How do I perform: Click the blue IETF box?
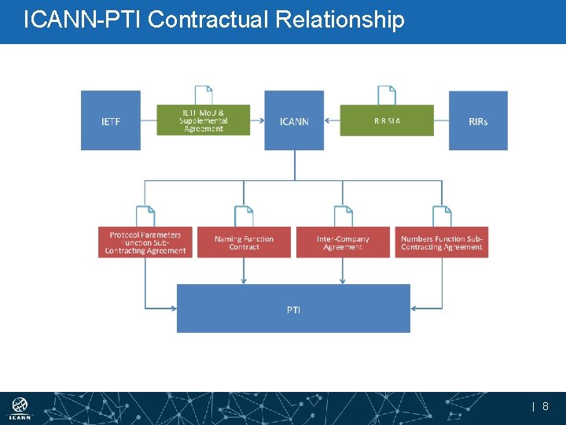pyautogui.click(x=111, y=120)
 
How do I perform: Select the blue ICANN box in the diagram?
pyautogui.click(x=294, y=120)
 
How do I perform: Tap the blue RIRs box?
pyautogui.click(x=478, y=120)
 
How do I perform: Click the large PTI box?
pyautogui.click(x=293, y=309)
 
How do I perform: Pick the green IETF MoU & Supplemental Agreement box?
pyautogui.click(x=204, y=120)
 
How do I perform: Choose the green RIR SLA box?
pyautogui.click(x=387, y=120)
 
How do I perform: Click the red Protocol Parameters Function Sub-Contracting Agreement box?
pyautogui.click(x=145, y=242)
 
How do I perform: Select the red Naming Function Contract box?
pyautogui.click(x=244, y=242)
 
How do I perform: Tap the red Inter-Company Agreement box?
pyautogui.click(x=343, y=242)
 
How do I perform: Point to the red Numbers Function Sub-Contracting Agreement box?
pyautogui.click(x=441, y=242)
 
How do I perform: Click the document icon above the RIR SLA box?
pyautogui.click(x=387, y=95)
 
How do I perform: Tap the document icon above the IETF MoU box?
pyautogui.click(x=204, y=95)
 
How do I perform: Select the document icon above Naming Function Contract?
pyautogui.click(x=244, y=216)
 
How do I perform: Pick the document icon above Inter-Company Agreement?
pyautogui.click(x=343, y=216)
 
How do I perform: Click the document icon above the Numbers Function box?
pyautogui.click(x=441, y=216)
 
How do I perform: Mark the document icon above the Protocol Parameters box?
pyautogui.click(x=145, y=216)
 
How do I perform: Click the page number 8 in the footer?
pyautogui.click(x=546, y=407)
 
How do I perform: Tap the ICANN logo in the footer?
pyautogui.click(x=20, y=408)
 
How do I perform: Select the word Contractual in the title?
pyautogui.click(x=209, y=19)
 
